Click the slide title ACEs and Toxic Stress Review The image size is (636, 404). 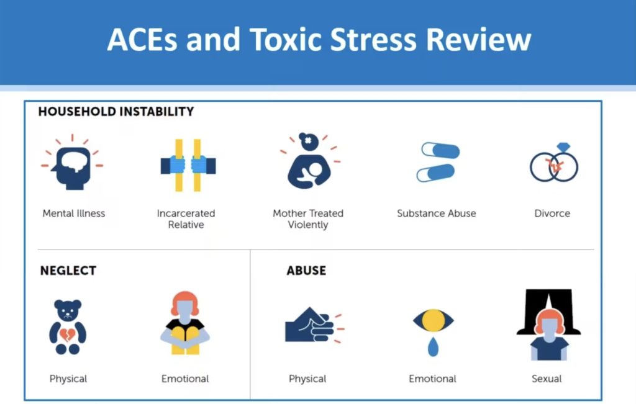(x=319, y=39)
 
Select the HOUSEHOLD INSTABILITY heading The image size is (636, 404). (x=116, y=112)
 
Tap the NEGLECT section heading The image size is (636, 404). (x=68, y=271)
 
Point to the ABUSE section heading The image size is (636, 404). (x=306, y=271)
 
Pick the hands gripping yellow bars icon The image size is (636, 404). (x=188, y=165)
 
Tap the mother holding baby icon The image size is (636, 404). (x=308, y=163)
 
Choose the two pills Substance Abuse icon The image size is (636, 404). (x=438, y=163)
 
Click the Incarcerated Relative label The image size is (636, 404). (x=186, y=218)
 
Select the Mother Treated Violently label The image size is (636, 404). (x=308, y=218)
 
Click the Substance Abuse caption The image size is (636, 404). (x=437, y=213)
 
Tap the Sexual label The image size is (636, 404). (x=547, y=379)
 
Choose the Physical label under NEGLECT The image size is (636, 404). (x=68, y=379)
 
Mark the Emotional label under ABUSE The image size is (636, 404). (x=433, y=379)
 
